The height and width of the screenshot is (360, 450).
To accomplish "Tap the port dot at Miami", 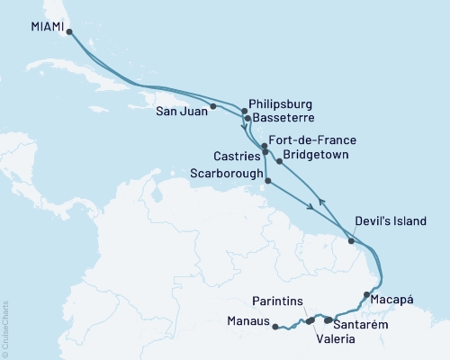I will (69, 31).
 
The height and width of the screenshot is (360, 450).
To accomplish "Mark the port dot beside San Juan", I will (213, 107).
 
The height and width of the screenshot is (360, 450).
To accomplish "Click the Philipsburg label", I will (283, 103).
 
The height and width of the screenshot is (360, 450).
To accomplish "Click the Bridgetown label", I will (317, 155).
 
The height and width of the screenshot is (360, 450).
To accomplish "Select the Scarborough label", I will (227, 172).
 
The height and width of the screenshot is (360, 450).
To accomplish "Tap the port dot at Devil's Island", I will (351, 240).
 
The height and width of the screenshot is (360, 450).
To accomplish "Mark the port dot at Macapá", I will (365, 294).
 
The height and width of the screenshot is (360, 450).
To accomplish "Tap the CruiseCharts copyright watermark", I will (5, 328).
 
